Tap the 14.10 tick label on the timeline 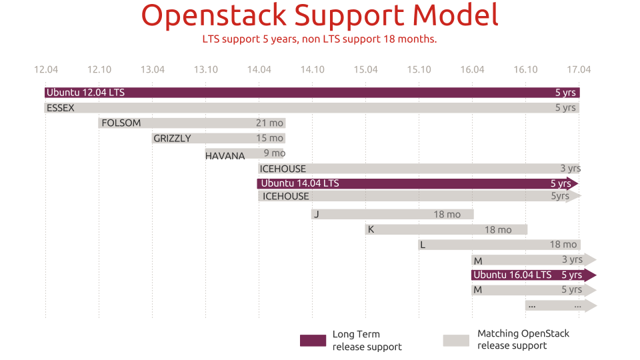312,69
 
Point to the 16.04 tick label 472,69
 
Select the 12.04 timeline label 45,69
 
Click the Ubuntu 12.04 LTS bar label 85,93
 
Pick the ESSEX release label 61,107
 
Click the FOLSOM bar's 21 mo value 269,123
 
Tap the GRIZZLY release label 172,138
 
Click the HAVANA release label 225,156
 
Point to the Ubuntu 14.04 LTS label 299,183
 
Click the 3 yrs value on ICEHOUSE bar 570,169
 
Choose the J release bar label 317,214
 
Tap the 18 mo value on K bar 498,230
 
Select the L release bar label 423,245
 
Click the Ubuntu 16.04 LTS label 512,275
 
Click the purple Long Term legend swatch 313,341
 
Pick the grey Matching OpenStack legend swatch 456,340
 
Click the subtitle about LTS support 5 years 319,39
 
